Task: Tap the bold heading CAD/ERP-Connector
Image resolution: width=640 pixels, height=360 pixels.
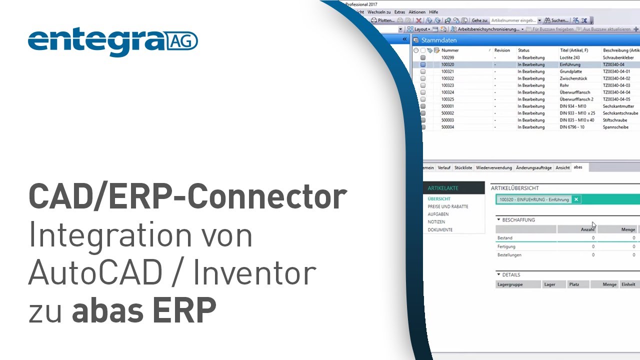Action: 187,197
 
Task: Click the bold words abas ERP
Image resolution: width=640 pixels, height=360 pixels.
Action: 144,310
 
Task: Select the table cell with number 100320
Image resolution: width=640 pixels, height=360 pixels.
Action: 447,64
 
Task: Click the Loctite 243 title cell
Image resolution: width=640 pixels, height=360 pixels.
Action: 569,57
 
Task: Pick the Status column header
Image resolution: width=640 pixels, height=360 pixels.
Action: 523,50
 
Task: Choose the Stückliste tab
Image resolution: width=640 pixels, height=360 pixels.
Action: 463,168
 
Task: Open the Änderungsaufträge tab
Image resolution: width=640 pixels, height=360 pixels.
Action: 533,168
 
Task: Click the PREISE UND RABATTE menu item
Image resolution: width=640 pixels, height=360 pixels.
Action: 448,206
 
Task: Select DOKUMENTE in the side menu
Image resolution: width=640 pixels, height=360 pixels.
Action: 440,230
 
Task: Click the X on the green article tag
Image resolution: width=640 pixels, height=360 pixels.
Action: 576,199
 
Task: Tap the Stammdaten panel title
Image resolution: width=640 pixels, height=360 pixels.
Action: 439,39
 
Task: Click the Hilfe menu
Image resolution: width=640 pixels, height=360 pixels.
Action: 433,12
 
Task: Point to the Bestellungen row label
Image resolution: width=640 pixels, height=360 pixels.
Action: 509,255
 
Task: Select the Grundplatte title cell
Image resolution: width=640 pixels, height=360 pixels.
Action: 570,71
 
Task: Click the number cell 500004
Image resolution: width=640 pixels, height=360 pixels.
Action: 447,127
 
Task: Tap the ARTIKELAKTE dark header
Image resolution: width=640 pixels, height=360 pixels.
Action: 443,188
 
